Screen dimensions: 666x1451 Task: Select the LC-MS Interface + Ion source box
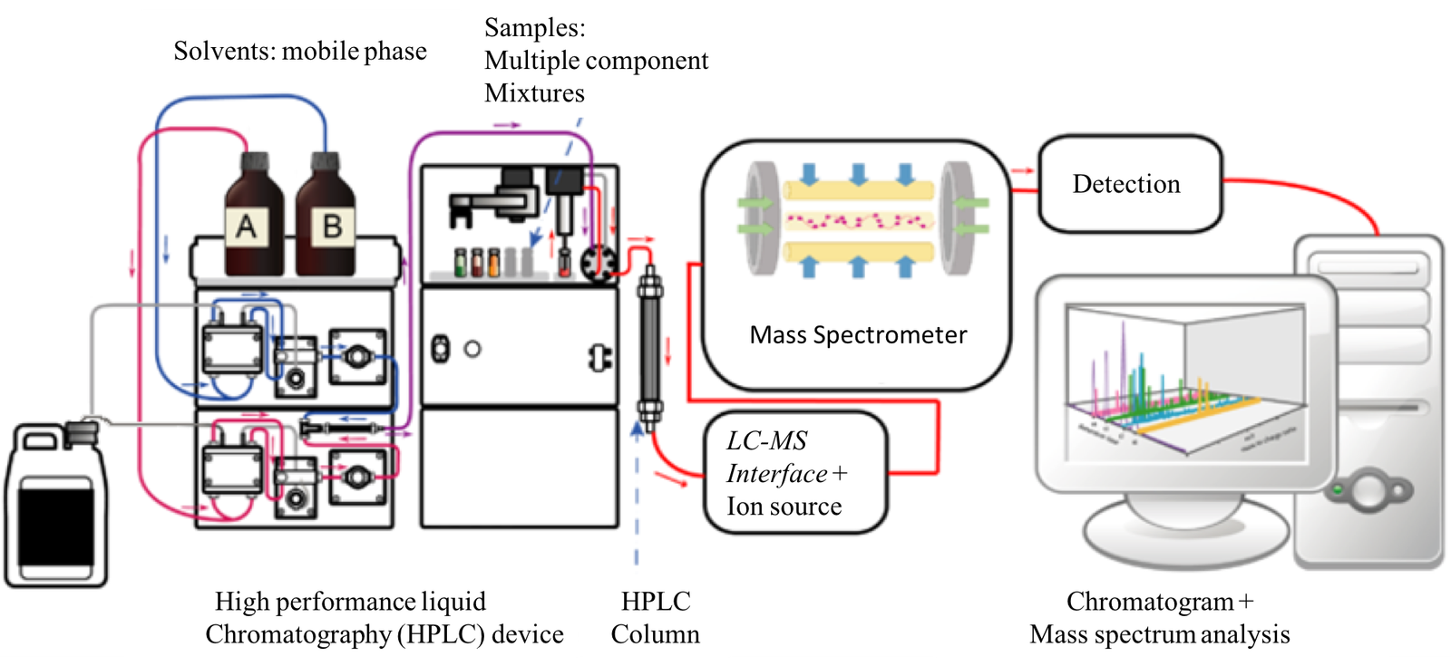[x=794, y=473]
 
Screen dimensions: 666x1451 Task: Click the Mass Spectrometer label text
[x=857, y=335]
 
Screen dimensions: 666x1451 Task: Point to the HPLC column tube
[x=649, y=348]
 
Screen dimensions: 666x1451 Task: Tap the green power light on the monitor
[x=1334, y=490]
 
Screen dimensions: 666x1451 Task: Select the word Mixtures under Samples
[x=534, y=93]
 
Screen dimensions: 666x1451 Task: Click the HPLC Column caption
[x=655, y=617]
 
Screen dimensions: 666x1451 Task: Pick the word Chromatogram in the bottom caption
[x=1149, y=602]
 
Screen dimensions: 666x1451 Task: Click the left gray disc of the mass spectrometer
[x=760, y=218]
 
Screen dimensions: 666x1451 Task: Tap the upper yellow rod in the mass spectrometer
[x=858, y=190]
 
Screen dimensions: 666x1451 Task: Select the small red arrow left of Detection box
[x=1023, y=171]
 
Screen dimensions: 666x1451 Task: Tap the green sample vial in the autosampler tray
[x=460, y=262]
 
